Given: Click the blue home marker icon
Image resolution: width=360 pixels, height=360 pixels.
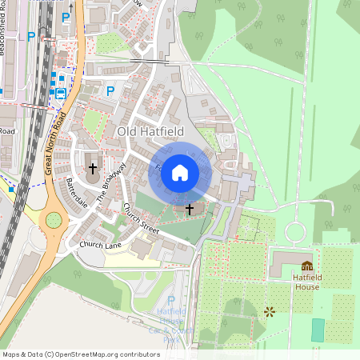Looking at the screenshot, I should [x=180, y=172].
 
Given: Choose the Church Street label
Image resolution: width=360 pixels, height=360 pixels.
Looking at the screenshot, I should [x=140, y=218].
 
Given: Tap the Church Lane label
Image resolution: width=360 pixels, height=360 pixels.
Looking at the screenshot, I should [x=100, y=245].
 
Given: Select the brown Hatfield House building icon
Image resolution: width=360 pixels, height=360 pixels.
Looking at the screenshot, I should [x=306, y=266].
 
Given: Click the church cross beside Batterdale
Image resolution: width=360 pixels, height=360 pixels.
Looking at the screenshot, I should [x=93, y=169].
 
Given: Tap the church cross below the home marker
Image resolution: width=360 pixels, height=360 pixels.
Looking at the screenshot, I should [x=190, y=210].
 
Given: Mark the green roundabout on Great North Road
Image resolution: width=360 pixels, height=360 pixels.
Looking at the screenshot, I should [x=54, y=219].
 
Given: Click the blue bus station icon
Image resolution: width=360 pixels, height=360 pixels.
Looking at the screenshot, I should [x=60, y=93].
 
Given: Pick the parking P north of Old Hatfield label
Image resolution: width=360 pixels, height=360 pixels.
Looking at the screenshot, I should [x=110, y=91].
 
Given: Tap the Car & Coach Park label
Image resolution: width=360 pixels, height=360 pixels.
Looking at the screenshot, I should [x=170, y=328].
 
